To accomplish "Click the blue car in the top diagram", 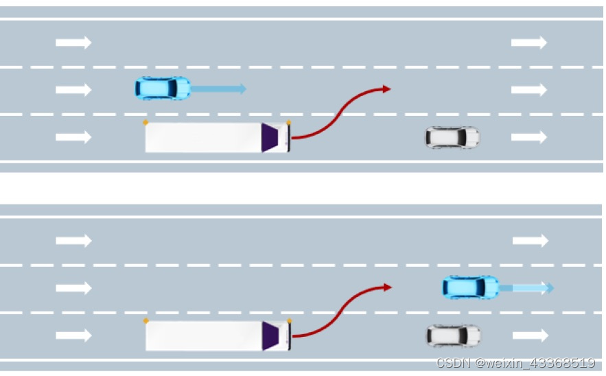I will pos(163,88).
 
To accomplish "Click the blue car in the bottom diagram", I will pos(470,287).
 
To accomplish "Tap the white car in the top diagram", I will pos(452,137).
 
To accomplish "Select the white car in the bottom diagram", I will pos(452,336).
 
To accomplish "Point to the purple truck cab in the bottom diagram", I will pos(272,336).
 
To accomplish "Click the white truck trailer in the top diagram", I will pos(202,137).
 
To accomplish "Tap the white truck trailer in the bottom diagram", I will pos(203,336).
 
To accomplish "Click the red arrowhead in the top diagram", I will pos(387,89).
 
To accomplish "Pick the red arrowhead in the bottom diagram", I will pos(388,287).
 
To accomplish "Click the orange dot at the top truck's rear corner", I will pos(145,122).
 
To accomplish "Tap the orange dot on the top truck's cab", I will pos(288,122).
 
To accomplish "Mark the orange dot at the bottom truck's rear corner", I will pos(145,320).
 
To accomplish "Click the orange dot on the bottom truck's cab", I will pos(289,320).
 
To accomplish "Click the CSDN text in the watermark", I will pos(451,363).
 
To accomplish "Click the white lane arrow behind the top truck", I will pos(73,137).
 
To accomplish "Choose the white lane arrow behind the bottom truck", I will pos(73,336).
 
